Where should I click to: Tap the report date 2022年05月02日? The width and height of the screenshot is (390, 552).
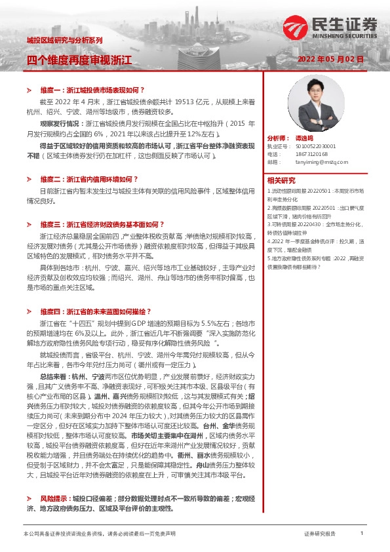[330, 58]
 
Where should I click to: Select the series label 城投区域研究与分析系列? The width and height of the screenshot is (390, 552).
[64, 40]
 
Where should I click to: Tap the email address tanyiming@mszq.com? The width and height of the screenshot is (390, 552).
[317, 161]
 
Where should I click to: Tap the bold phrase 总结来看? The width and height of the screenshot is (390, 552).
[53, 378]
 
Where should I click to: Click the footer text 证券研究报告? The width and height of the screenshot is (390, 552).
[320, 534]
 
